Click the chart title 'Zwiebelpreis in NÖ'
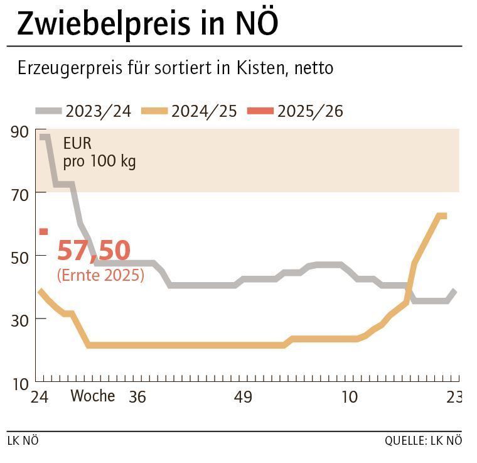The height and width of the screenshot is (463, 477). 147,23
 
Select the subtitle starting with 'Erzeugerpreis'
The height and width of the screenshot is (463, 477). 175,68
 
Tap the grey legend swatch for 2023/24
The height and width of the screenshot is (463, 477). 48,111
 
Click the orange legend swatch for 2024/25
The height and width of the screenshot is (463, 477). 154,111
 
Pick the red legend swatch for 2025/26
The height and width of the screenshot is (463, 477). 260,111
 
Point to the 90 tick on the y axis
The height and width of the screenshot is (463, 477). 20,131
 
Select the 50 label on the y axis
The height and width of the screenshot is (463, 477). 20,256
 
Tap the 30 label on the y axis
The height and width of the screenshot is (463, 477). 20,319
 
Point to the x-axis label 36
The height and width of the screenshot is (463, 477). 136,397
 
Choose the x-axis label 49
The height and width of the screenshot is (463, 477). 242,397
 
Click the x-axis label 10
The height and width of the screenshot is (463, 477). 349,397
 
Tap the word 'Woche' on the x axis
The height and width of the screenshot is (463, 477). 93,396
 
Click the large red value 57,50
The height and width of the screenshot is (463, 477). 94,251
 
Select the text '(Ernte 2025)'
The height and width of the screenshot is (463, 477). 100,275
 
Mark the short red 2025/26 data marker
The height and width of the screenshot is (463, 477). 43,232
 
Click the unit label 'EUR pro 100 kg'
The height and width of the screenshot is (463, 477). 99,153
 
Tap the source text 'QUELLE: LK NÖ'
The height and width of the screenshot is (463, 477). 423,440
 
